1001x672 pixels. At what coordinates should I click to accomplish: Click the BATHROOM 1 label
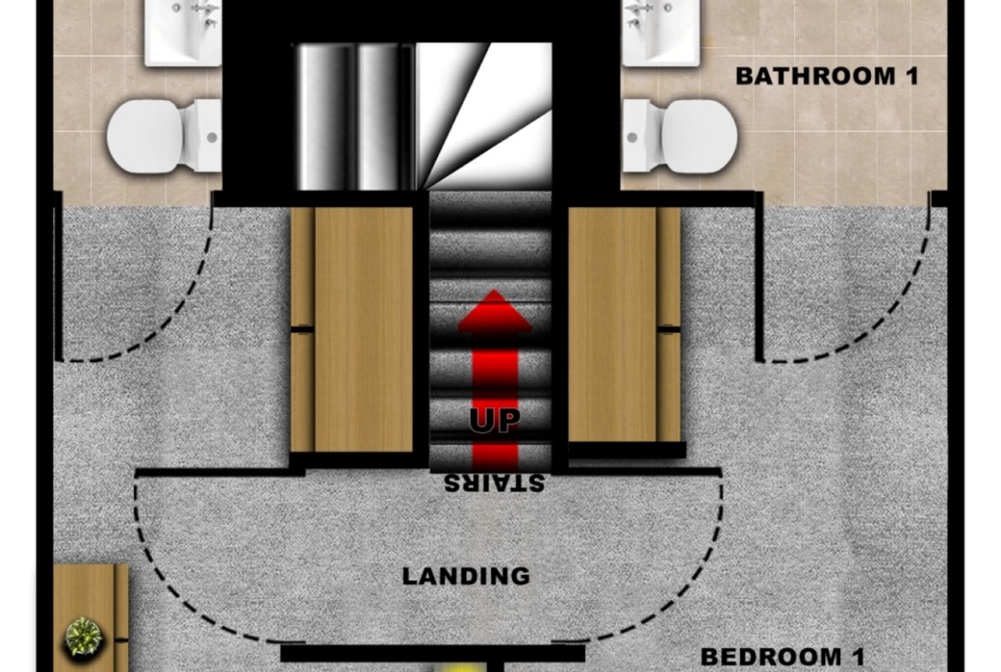click(826, 77)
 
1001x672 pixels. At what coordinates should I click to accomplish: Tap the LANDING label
click(466, 576)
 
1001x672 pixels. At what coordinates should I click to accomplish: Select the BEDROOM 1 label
click(783, 657)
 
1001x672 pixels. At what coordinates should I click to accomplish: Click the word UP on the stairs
click(495, 419)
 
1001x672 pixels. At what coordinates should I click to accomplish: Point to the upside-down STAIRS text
click(495, 483)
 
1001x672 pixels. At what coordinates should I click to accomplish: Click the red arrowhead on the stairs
click(495, 311)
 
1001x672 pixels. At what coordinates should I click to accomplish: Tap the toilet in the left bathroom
click(164, 136)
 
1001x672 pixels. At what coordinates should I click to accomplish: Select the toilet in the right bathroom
click(680, 136)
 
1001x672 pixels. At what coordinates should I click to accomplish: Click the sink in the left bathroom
click(183, 32)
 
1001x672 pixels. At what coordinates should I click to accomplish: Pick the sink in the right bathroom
click(660, 32)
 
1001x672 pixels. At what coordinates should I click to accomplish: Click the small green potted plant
click(83, 636)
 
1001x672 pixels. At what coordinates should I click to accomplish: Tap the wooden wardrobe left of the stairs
click(352, 330)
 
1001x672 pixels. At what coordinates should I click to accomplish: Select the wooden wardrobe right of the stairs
click(625, 324)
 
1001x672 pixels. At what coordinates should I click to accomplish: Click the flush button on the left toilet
click(212, 137)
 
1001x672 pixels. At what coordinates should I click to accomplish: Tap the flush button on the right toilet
click(632, 137)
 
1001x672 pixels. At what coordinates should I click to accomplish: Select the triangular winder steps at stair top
click(484, 116)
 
